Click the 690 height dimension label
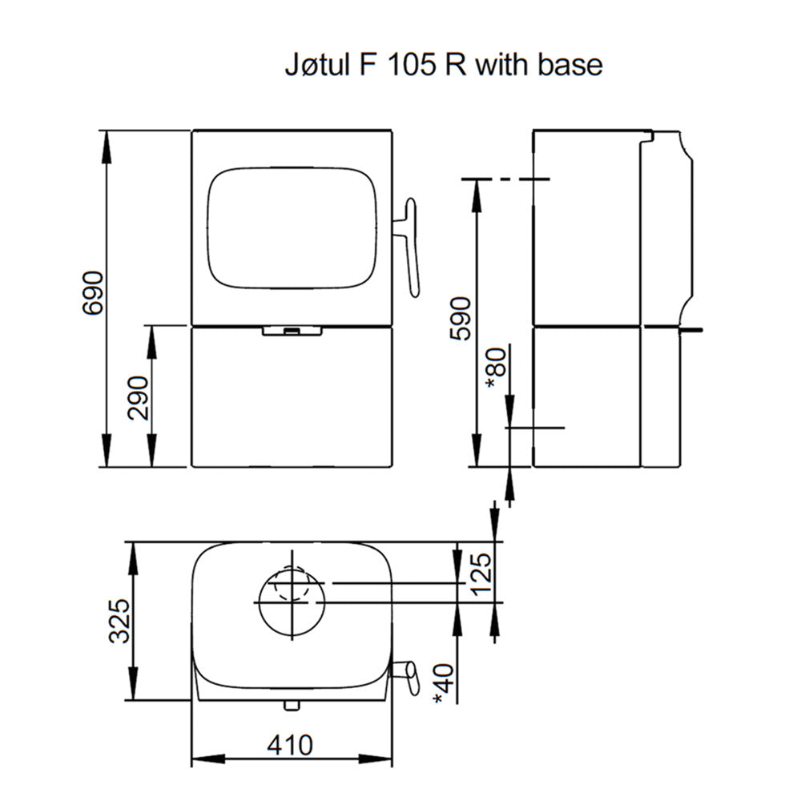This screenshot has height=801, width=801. pyautogui.click(x=93, y=293)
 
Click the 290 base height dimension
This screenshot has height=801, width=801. pyautogui.click(x=139, y=397)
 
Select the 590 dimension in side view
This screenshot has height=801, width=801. pyautogui.click(x=461, y=318)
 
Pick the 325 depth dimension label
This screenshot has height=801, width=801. pyautogui.click(x=119, y=620)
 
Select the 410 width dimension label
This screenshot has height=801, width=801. pyautogui.click(x=290, y=746)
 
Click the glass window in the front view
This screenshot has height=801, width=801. pyautogui.click(x=292, y=227)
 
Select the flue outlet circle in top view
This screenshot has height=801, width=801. pyautogui.click(x=291, y=600)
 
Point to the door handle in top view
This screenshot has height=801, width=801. pyautogui.click(x=407, y=676)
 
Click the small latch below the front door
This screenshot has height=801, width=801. pyautogui.click(x=292, y=330)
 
